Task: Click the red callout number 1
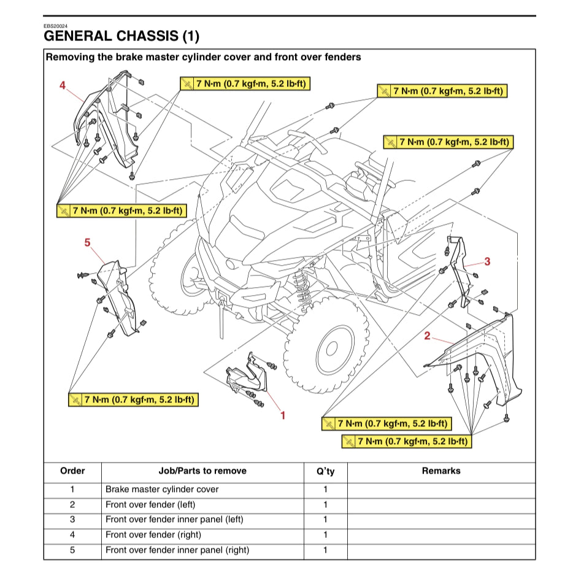283,415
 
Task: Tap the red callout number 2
428,336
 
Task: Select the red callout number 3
487,261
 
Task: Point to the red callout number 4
62,85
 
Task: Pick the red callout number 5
87,243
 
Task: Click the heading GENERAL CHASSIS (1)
121,36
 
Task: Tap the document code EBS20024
55,26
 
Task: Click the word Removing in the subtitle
67,57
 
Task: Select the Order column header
72,471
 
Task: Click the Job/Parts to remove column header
202,471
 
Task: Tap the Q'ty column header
325,471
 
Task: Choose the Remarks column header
441,471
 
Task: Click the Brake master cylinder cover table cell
162,490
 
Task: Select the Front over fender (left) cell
150,505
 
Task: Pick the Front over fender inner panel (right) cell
177,550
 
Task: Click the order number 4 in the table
72,535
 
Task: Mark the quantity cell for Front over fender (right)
325,535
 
